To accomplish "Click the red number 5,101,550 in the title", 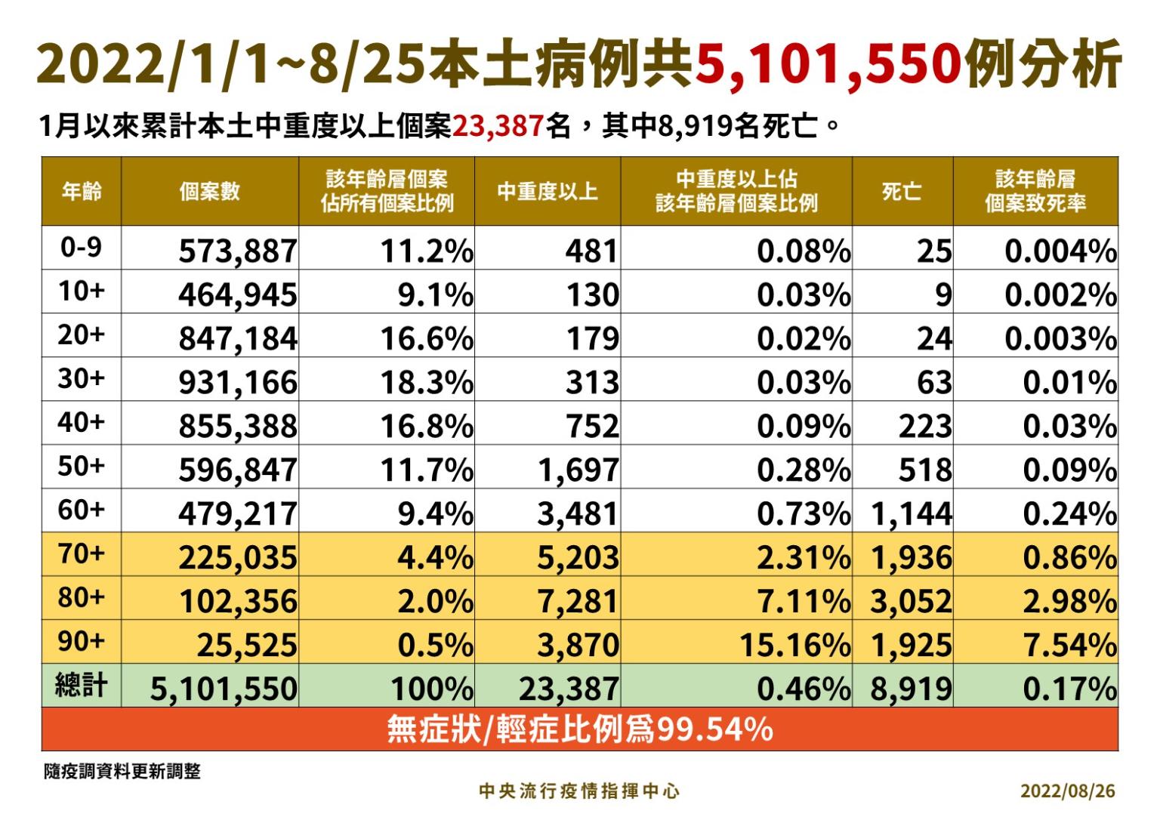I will pyautogui.click(x=827, y=63).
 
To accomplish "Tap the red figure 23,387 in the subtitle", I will pyautogui.click(x=498, y=126).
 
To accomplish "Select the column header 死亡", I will pyautogui.click(x=902, y=192).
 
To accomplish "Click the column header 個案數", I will pyautogui.click(x=209, y=192).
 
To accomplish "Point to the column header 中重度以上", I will pyautogui.click(x=548, y=192).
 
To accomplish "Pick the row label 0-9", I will pyautogui.click(x=81, y=247).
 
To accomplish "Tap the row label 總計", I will pyautogui.click(x=81, y=686).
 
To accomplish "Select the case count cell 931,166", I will pyautogui.click(x=238, y=383).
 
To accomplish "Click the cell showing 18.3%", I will pyautogui.click(x=427, y=383).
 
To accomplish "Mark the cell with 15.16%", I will pyautogui.click(x=794, y=646).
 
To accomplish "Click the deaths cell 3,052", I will pyautogui.click(x=911, y=602).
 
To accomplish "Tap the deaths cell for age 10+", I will pyautogui.click(x=943, y=295).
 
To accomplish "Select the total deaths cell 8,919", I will pyautogui.click(x=911, y=689).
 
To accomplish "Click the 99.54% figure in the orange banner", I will pyautogui.click(x=714, y=729).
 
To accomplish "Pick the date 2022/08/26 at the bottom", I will pyautogui.click(x=1067, y=791).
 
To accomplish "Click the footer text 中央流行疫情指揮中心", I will pyautogui.click(x=579, y=791).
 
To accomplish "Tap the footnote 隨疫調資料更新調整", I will pyautogui.click(x=122, y=771).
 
